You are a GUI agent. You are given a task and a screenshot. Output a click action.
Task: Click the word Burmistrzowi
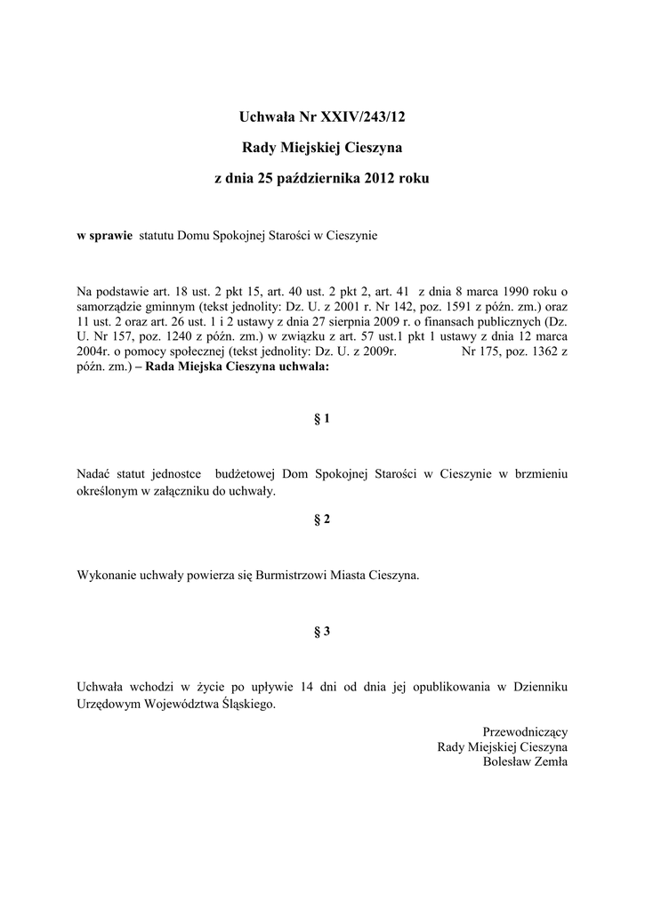(x=293, y=575)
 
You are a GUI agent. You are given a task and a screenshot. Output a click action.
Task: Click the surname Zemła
(x=549, y=762)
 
